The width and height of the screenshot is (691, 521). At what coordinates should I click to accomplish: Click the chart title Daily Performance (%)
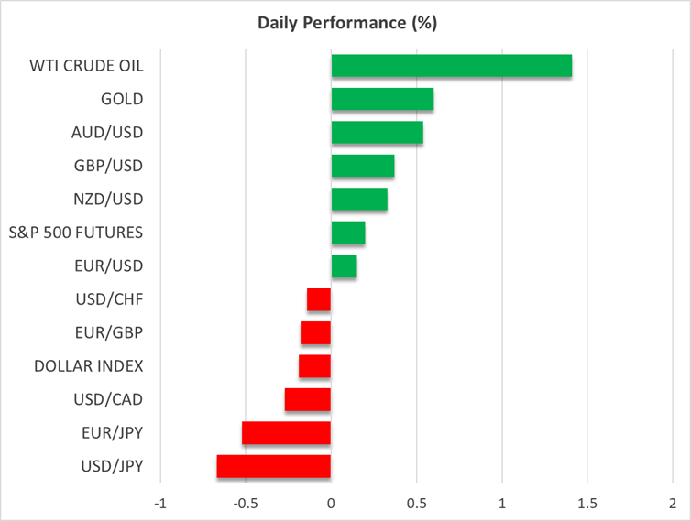[345, 22]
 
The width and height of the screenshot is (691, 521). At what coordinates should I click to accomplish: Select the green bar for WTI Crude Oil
[451, 66]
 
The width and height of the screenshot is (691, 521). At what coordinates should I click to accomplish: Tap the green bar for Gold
[382, 99]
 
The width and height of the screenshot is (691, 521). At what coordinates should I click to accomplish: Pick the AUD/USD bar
[377, 133]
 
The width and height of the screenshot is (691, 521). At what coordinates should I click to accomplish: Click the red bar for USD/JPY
[274, 467]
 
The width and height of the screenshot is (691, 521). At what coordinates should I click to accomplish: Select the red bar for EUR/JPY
[286, 433]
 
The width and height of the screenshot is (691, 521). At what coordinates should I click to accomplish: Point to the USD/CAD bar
[308, 400]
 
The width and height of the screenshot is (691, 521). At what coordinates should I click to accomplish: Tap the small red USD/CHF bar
[319, 299]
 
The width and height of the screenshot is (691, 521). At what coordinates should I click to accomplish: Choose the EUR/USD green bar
[344, 266]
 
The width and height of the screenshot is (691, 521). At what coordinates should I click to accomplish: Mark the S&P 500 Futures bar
[348, 233]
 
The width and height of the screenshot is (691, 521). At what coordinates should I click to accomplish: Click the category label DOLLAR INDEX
[89, 366]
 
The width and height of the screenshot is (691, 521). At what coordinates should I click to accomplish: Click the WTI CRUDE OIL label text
[88, 66]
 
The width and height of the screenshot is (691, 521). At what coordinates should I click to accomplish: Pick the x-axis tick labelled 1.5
[587, 504]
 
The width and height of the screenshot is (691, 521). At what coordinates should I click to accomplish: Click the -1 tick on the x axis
[160, 504]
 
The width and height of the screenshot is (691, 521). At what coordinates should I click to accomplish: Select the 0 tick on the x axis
[331, 504]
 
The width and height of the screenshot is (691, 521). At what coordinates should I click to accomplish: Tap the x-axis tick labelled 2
[673, 504]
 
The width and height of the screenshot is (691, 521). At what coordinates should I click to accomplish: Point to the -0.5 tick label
[245, 504]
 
